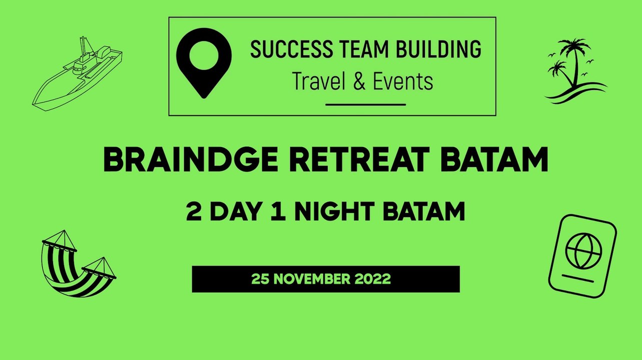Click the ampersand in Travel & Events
(x=359, y=81)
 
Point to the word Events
(x=403, y=81)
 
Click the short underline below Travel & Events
(x=365, y=104)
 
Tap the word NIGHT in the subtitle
(x=335, y=211)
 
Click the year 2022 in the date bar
(x=372, y=279)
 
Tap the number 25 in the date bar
(x=260, y=279)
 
